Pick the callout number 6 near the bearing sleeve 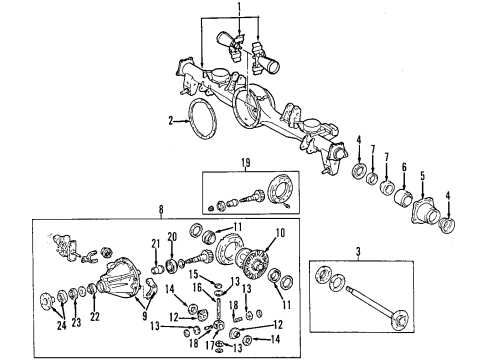coord(404,167)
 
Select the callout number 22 coord(95,317)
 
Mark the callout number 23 coord(76,323)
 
